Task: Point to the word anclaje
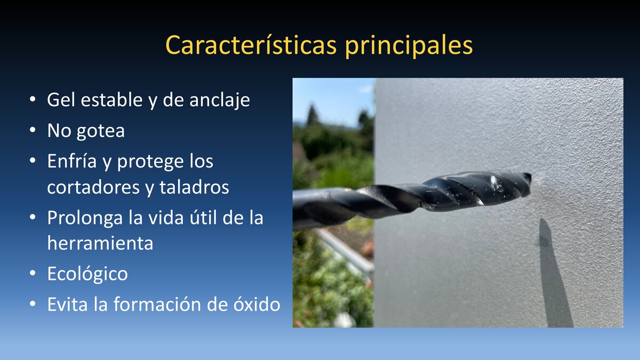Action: [x=220, y=101]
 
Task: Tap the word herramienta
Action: [x=100, y=243]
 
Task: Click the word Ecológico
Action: [x=87, y=274]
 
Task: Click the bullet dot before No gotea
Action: [x=33, y=131]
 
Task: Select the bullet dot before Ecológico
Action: [x=33, y=274]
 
